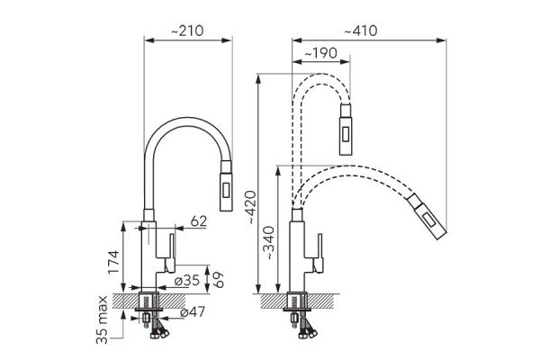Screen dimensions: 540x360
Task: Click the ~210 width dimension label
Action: (187, 31)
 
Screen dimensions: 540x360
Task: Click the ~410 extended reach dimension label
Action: (361, 31)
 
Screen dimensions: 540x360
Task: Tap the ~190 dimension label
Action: (320, 53)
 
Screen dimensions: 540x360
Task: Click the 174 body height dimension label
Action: (113, 262)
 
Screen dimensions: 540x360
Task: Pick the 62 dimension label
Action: (198, 221)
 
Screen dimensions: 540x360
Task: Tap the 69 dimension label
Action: (218, 280)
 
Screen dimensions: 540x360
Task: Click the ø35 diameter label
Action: (186, 281)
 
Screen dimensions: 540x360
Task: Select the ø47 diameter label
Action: (193, 311)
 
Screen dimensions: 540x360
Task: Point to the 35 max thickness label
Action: (102, 319)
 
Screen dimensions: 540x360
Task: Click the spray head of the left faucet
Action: (226, 185)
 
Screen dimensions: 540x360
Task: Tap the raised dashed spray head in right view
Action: (346, 130)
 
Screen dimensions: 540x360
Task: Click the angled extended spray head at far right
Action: (427, 216)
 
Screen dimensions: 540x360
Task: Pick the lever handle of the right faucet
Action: (319, 253)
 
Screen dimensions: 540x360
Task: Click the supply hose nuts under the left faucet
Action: (159, 334)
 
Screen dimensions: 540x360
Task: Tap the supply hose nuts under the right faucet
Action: (308, 334)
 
